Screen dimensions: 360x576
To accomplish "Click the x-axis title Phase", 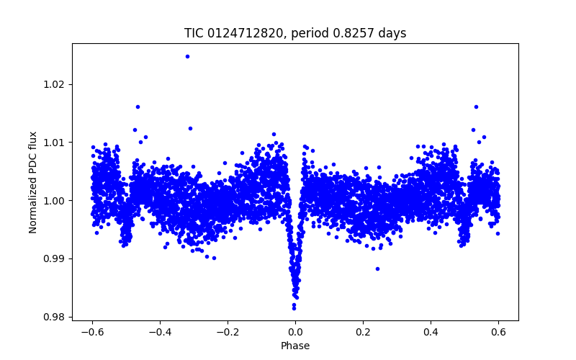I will [295, 346].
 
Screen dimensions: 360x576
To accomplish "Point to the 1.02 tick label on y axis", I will [55, 84].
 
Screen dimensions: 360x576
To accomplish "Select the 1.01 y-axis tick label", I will [55, 143].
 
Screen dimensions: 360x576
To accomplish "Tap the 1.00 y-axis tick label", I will [55, 201].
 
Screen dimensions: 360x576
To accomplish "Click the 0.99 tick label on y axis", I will [55, 258].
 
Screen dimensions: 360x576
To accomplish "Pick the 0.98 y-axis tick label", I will [55, 317].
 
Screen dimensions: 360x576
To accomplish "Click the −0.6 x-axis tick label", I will [92, 333].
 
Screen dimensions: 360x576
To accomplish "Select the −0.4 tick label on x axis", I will [160, 333].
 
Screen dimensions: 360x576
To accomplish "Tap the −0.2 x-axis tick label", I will [228, 333].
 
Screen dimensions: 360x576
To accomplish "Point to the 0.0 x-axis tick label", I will [295, 333].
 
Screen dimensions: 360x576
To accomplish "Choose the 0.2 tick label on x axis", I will [363, 333].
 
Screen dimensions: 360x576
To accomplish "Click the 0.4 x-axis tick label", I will [431, 333].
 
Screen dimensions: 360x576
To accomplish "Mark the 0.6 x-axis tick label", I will [498, 333].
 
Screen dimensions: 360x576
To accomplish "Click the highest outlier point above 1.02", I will [187, 56].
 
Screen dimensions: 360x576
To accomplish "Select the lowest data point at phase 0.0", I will [294, 308].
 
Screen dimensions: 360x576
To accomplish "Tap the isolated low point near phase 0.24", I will [377, 269].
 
